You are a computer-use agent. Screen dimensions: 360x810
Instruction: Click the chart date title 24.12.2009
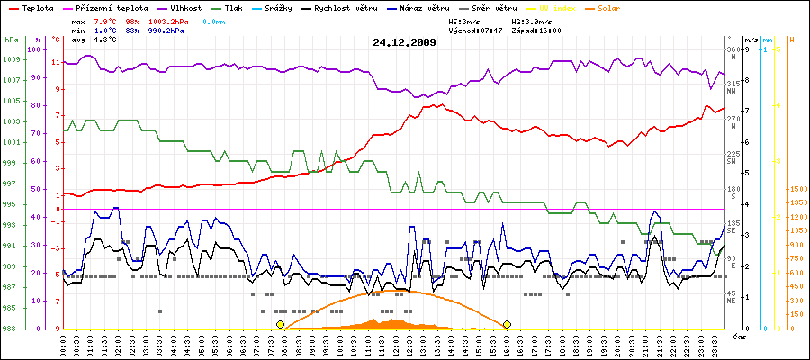(x=404, y=41)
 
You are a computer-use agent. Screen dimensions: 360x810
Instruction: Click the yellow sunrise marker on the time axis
(x=281, y=324)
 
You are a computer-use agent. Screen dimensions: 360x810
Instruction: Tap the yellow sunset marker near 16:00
(x=508, y=324)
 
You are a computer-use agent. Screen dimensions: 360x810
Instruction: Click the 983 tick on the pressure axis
(x=12, y=328)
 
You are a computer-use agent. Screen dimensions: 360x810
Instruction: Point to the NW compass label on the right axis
(x=732, y=92)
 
